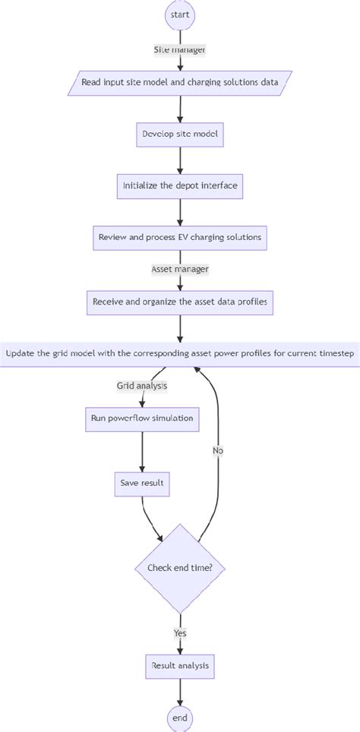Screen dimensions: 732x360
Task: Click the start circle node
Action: coord(180,14)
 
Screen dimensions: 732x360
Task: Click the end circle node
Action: coord(180,718)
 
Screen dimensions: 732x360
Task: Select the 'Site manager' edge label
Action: coord(180,49)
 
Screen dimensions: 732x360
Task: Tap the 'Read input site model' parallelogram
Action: coord(180,82)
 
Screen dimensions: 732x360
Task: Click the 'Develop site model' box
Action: coord(180,134)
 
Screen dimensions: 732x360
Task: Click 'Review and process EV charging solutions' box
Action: coord(180,238)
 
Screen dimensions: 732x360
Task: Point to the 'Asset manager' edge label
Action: coord(180,269)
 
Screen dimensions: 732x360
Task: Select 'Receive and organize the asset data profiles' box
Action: coord(180,301)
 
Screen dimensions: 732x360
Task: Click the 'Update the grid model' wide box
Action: coord(180,353)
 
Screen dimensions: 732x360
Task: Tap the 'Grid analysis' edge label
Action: coord(141,386)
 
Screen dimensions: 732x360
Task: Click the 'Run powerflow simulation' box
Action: coord(142,418)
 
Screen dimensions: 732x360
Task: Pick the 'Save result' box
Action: coord(142,483)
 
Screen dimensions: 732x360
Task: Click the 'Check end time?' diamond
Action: coord(180,568)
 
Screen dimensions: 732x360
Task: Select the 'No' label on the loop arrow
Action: coord(218,450)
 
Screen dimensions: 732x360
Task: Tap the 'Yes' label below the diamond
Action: coord(180,632)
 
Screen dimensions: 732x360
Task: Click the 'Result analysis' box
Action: coord(180,666)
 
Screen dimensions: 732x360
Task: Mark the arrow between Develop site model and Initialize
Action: coord(180,160)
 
